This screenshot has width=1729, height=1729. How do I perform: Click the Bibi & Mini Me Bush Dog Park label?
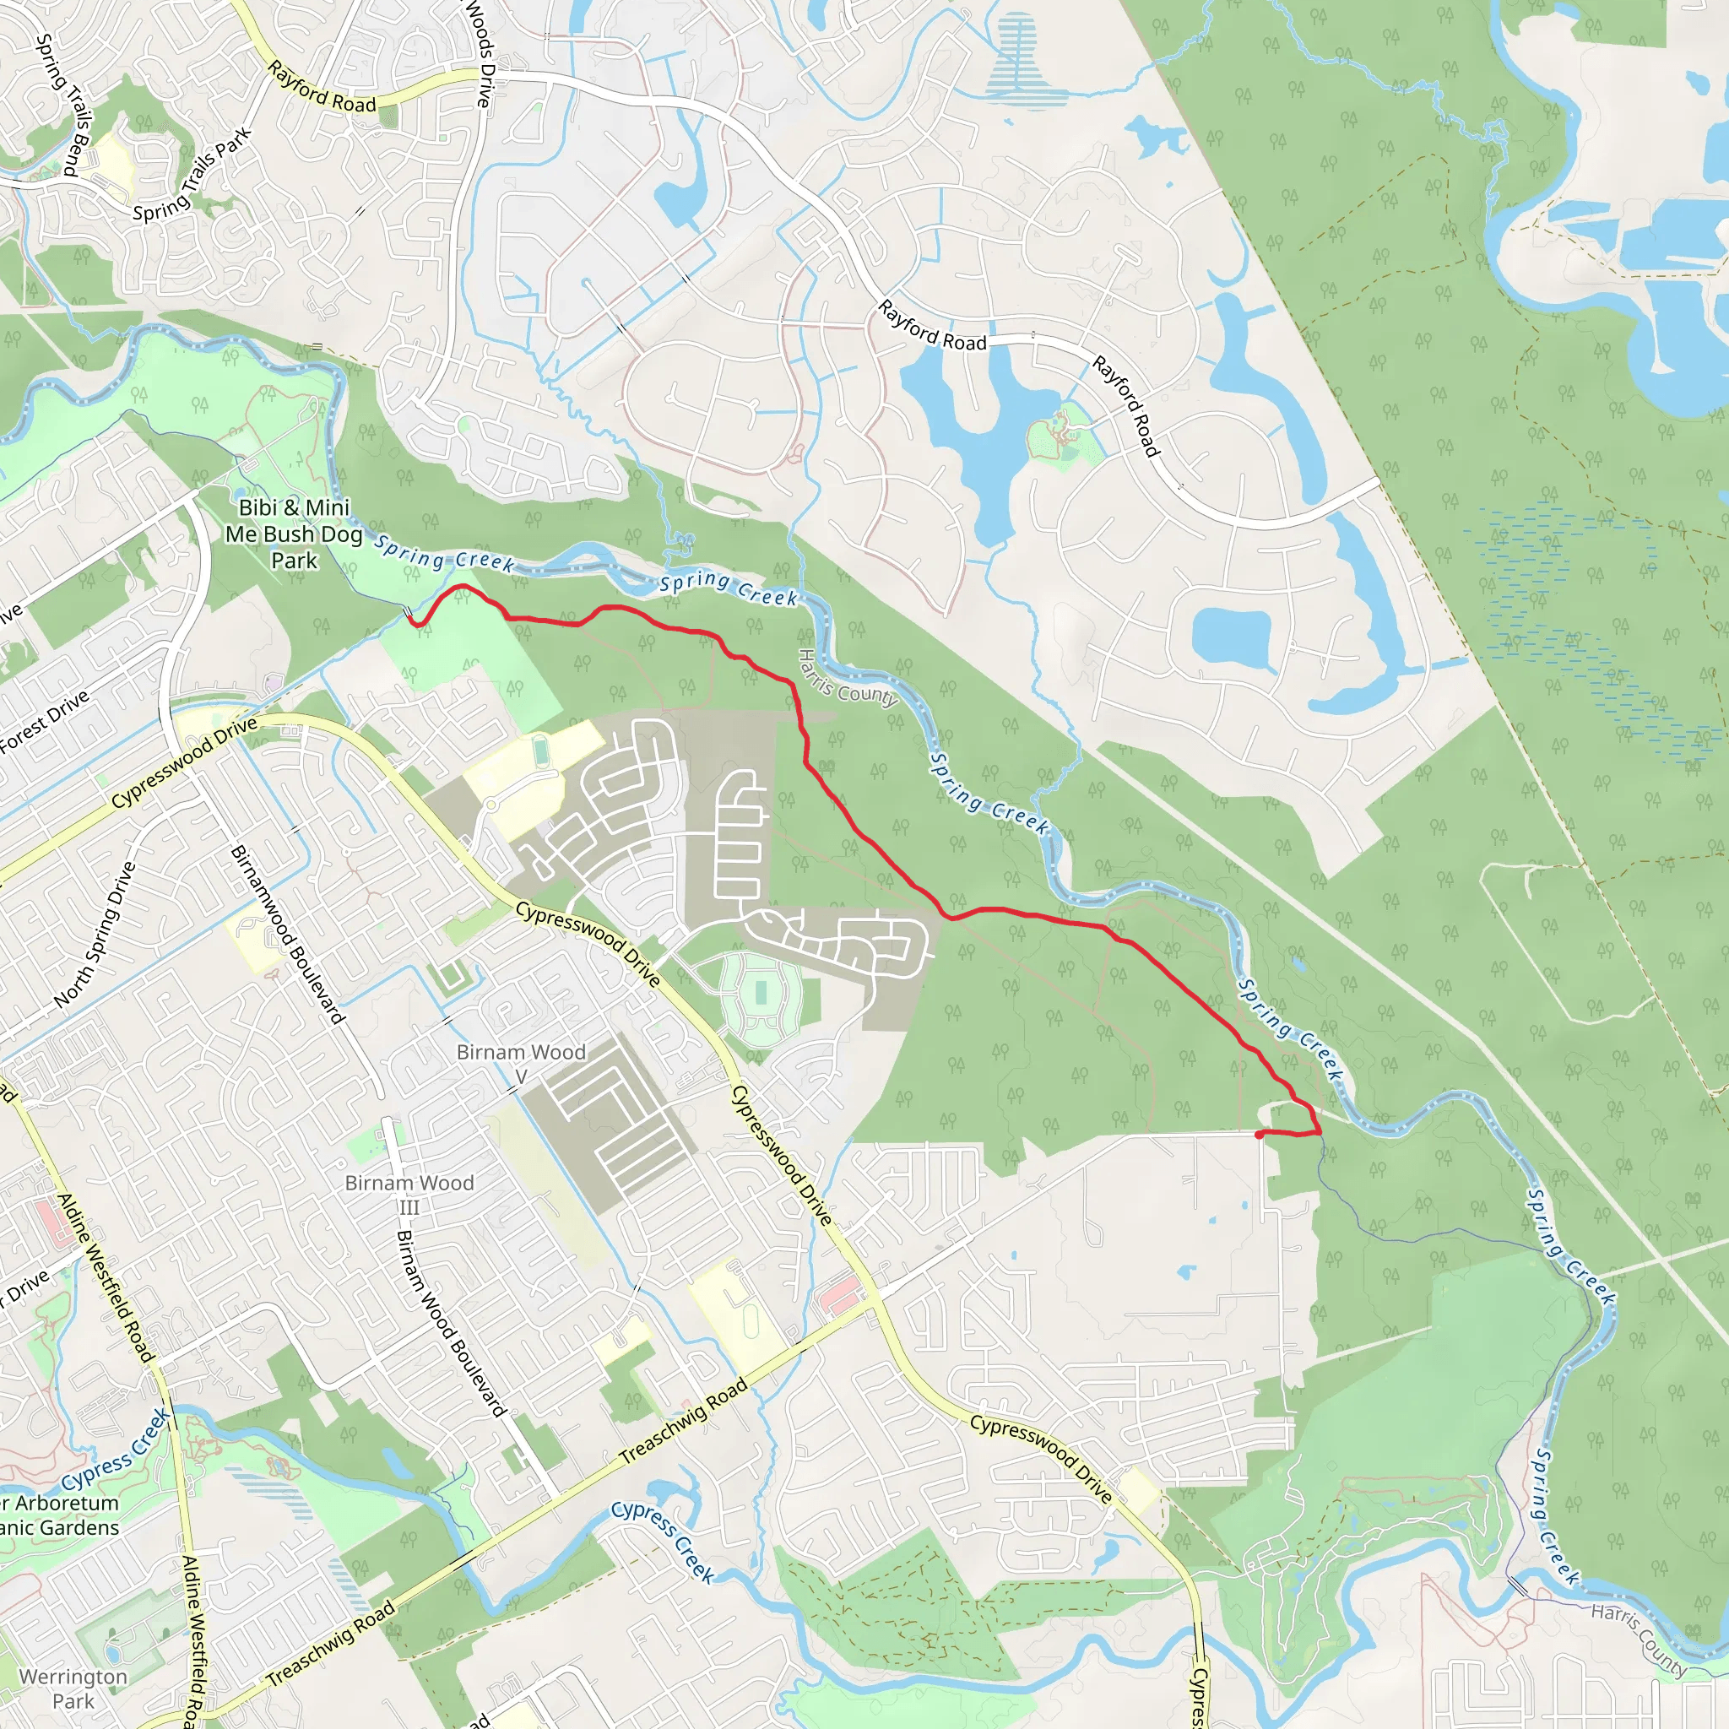click(x=294, y=534)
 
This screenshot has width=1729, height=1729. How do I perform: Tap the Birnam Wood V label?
click(x=521, y=1063)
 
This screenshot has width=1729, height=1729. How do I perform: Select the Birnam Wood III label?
click(x=409, y=1194)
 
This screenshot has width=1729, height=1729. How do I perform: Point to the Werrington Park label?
click(x=73, y=1688)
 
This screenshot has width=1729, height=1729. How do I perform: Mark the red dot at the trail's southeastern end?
click(x=1259, y=1135)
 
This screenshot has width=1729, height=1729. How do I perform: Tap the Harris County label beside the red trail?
click(x=848, y=679)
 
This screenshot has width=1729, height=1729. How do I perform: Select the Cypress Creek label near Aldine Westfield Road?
click(x=117, y=1450)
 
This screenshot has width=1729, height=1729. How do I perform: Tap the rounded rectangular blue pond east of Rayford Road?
click(x=1232, y=637)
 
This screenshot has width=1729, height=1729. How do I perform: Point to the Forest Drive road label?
click(x=45, y=721)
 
